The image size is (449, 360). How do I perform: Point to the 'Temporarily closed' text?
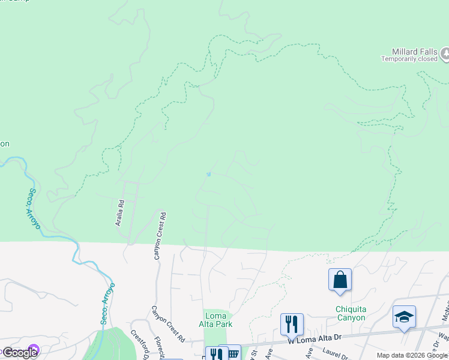(x=409, y=59)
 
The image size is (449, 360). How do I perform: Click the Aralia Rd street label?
(x=120, y=213)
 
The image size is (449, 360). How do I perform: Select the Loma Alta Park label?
(x=215, y=319)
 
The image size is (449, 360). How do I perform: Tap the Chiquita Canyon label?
(x=350, y=314)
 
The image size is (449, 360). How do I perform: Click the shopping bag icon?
(x=340, y=280)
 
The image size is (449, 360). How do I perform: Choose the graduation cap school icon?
(x=405, y=317)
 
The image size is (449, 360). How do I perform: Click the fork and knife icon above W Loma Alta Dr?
(x=292, y=325)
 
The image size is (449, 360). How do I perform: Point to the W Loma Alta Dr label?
(x=315, y=340)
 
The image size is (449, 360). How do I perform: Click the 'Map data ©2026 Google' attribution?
(x=412, y=355)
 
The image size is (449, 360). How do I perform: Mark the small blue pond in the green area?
(x=208, y=174)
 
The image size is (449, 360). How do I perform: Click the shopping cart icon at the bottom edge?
(x=231, y=353)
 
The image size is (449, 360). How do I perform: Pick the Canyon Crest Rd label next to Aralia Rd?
(x=160, y=235)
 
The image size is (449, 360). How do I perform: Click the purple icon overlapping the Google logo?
(x=34, y=350)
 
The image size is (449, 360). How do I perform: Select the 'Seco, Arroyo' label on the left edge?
(x=33, y=208)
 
